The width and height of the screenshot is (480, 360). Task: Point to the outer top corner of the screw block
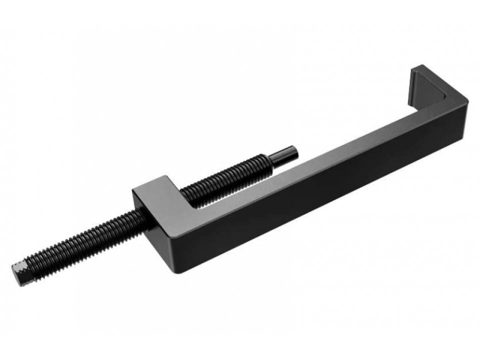point(133,190)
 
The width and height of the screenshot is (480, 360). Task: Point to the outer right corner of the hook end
point(468,100)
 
